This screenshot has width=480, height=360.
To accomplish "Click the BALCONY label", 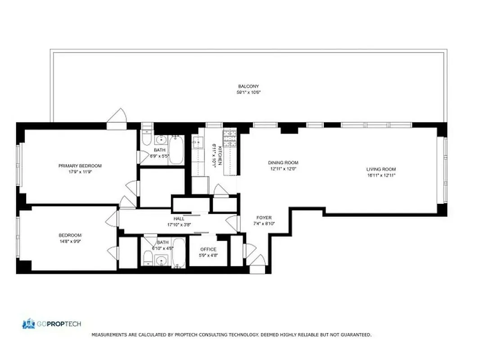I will [248, 86].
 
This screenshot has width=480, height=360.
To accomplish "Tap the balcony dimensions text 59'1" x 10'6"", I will [248, 92].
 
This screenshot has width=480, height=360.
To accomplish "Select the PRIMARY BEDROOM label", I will [80, 166].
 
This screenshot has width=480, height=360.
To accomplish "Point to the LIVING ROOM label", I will [381, 169].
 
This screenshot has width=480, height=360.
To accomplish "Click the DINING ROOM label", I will [283, 163].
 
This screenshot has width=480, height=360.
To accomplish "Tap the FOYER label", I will [264, 217].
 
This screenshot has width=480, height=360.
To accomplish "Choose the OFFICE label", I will [208, 249].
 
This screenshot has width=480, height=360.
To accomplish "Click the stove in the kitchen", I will [230, 138].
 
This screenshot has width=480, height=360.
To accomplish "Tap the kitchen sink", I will [197, 143].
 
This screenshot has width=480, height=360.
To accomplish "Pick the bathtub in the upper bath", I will [176, 150].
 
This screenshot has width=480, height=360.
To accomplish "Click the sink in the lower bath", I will [160, 260].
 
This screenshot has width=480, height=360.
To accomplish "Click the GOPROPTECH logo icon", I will [28, 324].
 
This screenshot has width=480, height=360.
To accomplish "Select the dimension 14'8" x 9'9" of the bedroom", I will [70, 241].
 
